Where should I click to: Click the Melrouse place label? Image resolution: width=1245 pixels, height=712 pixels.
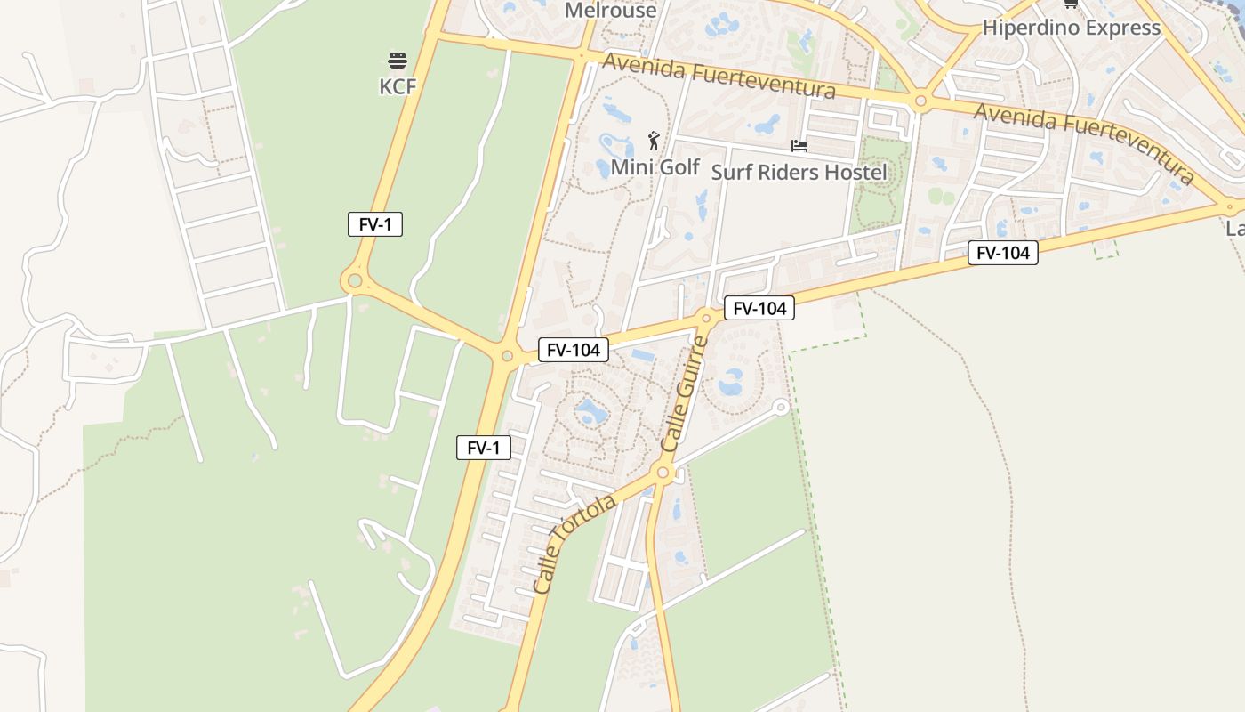[x=611, y=11]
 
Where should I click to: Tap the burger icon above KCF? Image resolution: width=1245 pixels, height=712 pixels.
[x=397, y=61]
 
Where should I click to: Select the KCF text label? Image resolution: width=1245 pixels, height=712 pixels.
[x=397, y=85]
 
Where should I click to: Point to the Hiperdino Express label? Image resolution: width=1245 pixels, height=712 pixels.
[x=1071, y=28]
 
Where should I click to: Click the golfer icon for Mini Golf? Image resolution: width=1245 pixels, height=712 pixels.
[x=654, y=141]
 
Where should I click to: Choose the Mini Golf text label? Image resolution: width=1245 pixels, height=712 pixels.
[x=655, y=166]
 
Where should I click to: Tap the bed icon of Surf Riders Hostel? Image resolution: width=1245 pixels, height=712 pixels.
[x=799, y=145]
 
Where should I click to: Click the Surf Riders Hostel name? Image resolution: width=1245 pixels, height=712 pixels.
[x=799, y=172]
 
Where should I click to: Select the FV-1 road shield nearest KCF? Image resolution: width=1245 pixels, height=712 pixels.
[x=374, y=224]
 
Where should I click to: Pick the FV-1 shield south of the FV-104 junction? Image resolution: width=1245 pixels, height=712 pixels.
[x=483, y=448]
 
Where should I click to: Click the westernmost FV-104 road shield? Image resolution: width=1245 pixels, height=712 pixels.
[x=574, y=350]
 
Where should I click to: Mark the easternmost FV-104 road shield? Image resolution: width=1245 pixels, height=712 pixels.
[x=1002, y=253]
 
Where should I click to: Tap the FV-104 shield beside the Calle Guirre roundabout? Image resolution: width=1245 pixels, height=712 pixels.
[x=759, y=308]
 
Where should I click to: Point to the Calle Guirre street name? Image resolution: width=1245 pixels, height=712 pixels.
[x=685, y=394]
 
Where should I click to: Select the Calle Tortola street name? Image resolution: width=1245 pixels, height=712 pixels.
[x=574, y=545]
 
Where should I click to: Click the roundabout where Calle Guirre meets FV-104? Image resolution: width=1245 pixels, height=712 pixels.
[x=706, y=317]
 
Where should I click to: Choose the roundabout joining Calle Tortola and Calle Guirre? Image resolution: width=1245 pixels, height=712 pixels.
[x=662, y=473]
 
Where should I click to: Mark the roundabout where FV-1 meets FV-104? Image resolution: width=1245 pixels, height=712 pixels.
[x=507, y=356]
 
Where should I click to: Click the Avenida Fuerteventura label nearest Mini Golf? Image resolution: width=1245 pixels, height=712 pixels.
[x=719, y=76]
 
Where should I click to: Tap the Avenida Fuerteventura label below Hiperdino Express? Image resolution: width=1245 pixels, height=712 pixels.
[x=1083, y=142]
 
